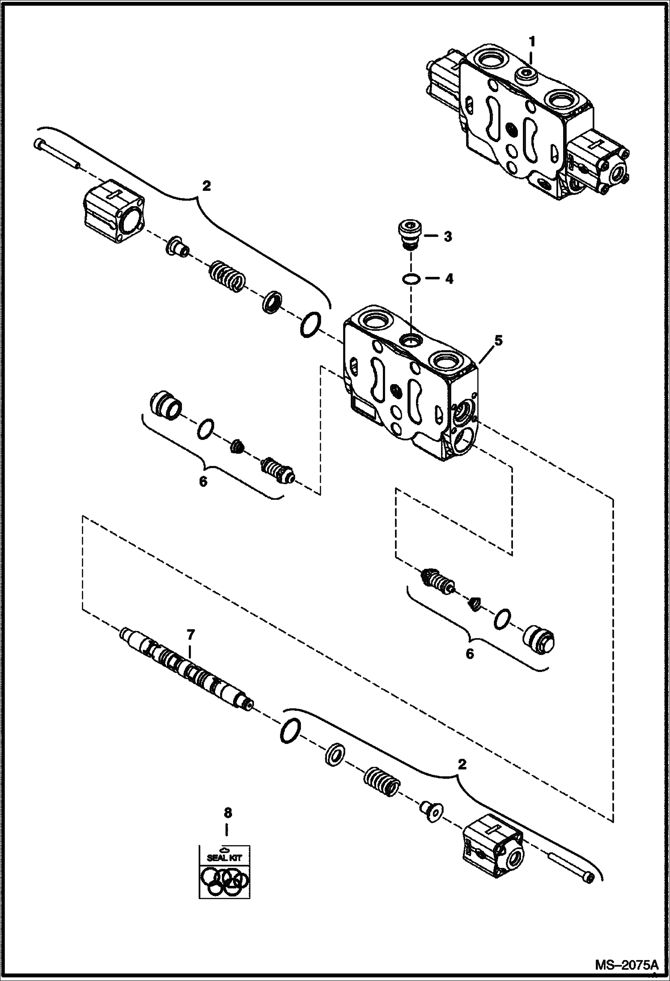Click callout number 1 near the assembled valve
pyautogui.click(x=531, y=42)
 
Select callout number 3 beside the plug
pyautogui.click(x=447, y=237)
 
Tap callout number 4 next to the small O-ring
pyautogui.click(x=449, y=279)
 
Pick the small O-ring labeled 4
pyautogui.click(x=411, y=279)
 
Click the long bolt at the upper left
pyautogui.click(x=56, y=154)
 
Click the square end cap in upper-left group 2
pyautogui.click(x=113, y=211)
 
